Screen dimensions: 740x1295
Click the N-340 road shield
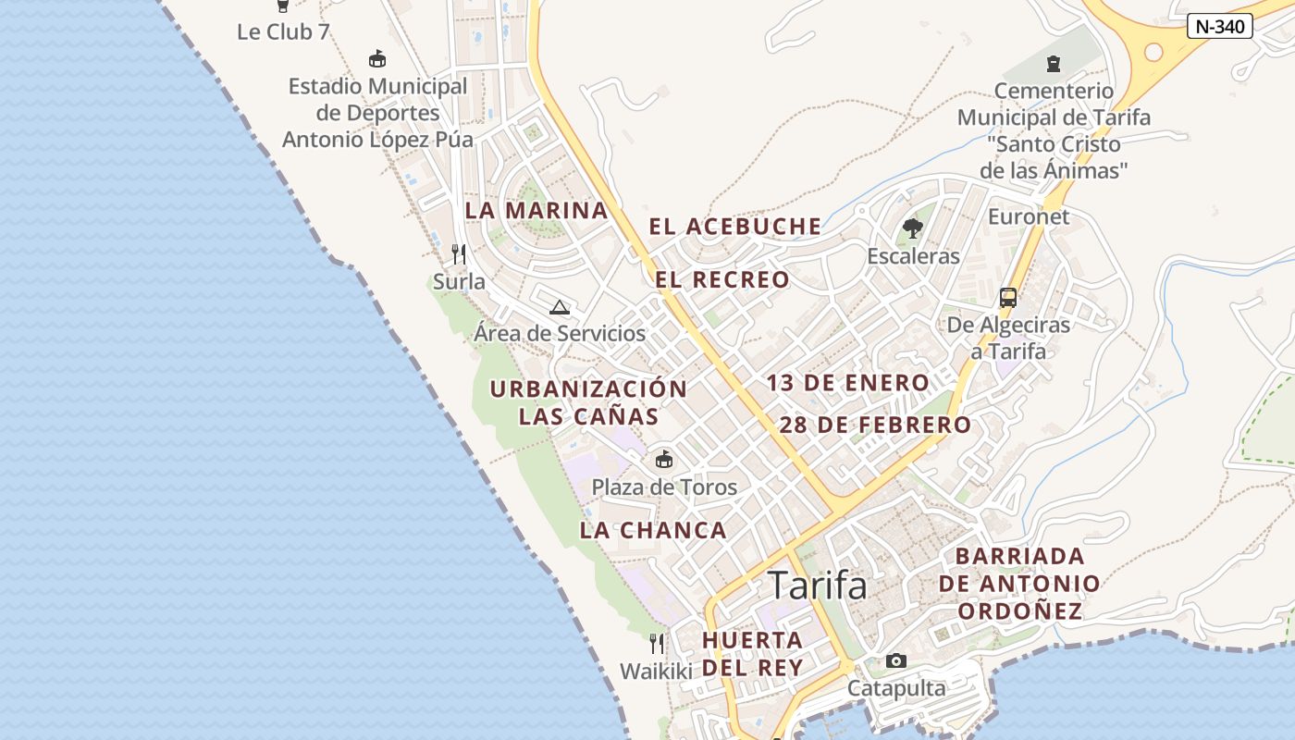point(1219,26)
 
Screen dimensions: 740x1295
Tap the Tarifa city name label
point(818,586)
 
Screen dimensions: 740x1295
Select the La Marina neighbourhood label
point(536,211)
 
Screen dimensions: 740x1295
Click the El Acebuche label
point(734,227)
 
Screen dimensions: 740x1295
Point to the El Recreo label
point(723,279)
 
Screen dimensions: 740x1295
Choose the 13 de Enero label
point(847,383)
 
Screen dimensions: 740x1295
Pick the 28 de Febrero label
point(875,425)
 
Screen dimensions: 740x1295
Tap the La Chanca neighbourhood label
point(653,531)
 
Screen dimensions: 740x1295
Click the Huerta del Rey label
point(752,653)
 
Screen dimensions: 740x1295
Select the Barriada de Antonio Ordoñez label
point(1019,584)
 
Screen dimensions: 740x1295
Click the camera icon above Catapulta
point(895,660)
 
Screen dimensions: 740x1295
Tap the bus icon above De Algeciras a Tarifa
point(1008,298)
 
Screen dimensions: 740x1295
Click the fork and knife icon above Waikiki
point(656,643)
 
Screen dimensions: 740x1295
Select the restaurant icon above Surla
point(459,253)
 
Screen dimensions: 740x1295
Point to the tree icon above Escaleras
point(913,228)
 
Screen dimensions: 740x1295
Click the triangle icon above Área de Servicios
point(559,307)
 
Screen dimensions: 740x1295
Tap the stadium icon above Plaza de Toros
point(663,459)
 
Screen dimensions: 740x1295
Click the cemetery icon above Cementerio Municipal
point(1053,64)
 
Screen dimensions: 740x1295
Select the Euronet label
point(1029,216)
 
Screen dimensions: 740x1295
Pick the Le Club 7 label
point(283,31)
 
